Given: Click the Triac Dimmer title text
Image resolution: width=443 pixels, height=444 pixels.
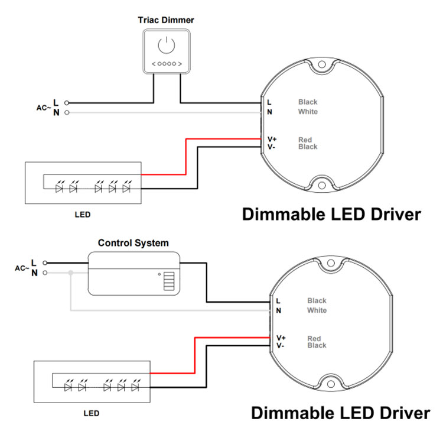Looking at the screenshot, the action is (166, 20).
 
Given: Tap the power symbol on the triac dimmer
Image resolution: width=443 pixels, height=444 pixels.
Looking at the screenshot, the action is (167, 45).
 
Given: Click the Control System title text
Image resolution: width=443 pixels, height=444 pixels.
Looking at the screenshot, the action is (133, 243).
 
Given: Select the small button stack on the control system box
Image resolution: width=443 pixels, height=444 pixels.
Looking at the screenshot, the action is (169, 281).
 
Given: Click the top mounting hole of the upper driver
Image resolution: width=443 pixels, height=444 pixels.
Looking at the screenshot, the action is (322, 64).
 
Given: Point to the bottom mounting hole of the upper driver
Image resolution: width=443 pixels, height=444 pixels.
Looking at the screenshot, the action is (322, 186).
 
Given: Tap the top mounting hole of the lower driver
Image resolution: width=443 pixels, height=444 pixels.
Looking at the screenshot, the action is (331, 263).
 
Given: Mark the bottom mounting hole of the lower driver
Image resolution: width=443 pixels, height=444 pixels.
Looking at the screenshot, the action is (331, 384).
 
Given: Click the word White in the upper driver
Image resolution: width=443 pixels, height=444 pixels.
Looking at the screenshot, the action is (308, 112).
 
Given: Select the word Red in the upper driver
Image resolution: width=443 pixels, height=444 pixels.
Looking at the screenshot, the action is (305, 140).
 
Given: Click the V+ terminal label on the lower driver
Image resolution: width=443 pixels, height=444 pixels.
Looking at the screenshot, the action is (281, 338).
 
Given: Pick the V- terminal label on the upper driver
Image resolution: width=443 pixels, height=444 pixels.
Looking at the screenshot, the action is (271, 147).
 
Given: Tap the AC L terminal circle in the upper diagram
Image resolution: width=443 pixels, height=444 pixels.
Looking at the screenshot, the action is (67, 103).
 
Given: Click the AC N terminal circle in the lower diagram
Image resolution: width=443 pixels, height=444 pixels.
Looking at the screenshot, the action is (45, 273).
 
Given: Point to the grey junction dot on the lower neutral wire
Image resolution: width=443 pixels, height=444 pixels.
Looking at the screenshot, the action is (71, 273).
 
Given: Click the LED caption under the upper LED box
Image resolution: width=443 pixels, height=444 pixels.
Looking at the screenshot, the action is (83, 215).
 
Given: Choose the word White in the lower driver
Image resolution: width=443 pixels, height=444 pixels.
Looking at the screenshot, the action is (317, 310).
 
